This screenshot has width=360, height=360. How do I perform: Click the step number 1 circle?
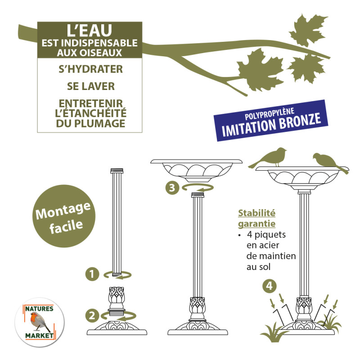click(92, 274)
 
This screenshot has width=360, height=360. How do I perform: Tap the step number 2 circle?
click(92, 315)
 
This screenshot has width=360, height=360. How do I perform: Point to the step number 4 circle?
click(269, 286)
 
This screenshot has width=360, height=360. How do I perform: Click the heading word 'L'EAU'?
click(89, 31)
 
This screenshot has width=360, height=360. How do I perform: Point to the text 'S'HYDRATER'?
click(89, 70)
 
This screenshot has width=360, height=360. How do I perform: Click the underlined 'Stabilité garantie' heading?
click(256, 218)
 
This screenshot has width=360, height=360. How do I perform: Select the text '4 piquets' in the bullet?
click(266, 235)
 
